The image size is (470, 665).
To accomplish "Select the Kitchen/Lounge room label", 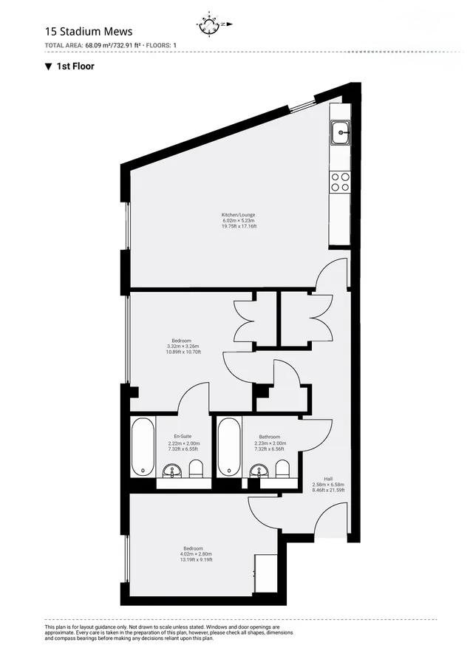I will click(x=238, y=215).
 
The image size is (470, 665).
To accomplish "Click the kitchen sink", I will click(x=340, y=134).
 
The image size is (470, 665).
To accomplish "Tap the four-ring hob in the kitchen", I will click(x=340, y=182).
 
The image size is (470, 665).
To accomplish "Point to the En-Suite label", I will click(x=183, y=437).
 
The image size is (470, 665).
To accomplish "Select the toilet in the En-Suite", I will click(x=196, y=469).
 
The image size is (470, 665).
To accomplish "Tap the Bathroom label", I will click(x=269, y=437).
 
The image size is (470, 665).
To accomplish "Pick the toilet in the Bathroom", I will click(x=282, y=469).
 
